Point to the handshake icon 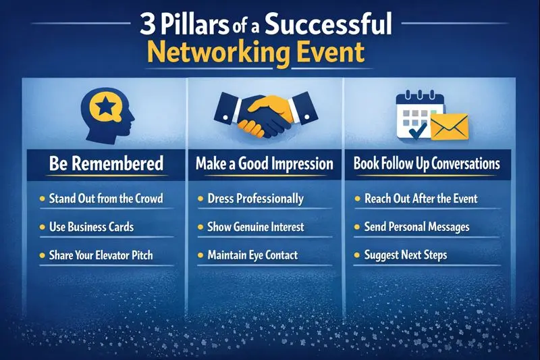265,113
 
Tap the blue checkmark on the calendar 416,126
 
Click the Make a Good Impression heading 265,163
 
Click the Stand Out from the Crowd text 106,199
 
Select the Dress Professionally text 256,199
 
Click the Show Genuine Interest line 256,227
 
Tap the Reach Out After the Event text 421,199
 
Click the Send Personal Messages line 416,227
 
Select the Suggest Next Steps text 405,255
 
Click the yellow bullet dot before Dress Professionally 201,200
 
